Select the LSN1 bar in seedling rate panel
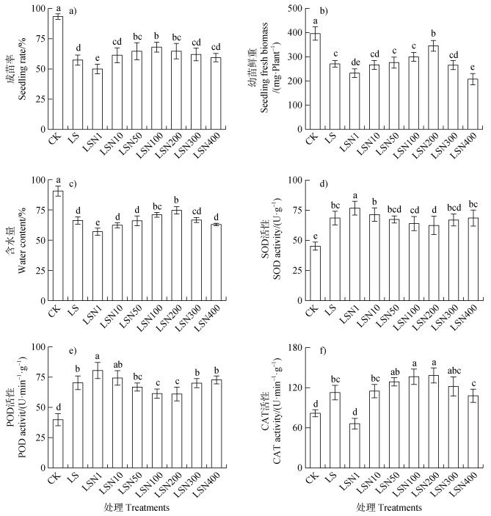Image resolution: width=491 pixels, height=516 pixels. click(x=97, y=99)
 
